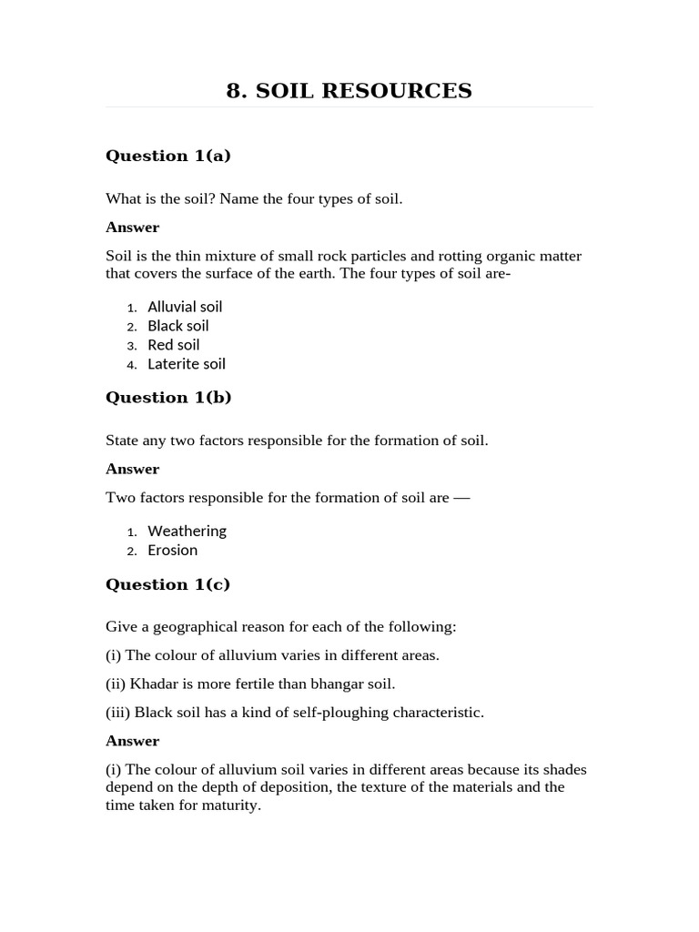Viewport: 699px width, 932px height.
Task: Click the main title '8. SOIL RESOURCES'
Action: click(349, 91)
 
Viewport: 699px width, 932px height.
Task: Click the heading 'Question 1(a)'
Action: click(168, 156)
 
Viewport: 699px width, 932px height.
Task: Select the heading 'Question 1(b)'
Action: click(168, 397)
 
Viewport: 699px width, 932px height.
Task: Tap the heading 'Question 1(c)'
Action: click(168, 584)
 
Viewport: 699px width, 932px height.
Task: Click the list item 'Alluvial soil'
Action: click(185, 307)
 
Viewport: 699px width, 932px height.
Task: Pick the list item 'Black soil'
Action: click(178, 326)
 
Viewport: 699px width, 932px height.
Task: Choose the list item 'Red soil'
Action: click(174, 345)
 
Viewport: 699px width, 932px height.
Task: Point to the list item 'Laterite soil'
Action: click(187, 364)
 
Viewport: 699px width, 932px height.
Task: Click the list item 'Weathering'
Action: click(187, 531)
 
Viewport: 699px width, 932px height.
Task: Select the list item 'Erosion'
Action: click(172, 550)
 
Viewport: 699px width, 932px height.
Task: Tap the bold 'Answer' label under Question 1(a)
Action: click(132, 228)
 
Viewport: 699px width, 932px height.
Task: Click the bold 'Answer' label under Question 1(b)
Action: click(132, 469)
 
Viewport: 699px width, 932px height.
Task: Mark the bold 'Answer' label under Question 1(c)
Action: click(132, 741)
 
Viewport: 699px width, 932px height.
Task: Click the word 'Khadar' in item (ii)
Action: click(151, 684)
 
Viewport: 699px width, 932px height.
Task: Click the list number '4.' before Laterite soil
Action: click(132, 365)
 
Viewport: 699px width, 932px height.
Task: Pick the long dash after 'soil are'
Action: click(461, 498)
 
